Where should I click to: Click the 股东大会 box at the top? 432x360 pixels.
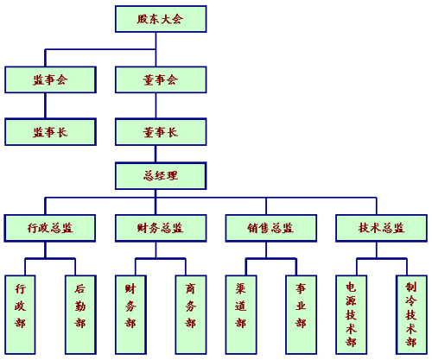[161, 19]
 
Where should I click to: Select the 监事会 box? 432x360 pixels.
[50, 79]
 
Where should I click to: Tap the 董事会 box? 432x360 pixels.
[161, 79]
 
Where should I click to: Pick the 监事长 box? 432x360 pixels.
[50, 132]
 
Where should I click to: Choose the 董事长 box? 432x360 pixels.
[161, 132]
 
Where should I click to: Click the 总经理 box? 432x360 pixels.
[161, 176]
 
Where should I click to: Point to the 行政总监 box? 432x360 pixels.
[50, 228]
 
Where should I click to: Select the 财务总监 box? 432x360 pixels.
[161, 228]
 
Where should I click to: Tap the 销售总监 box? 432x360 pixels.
[271, 228]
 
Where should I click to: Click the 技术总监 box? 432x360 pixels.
[381, 228]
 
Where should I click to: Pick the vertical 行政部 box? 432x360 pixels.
[20, 314]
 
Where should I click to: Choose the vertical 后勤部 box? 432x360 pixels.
[80, 314]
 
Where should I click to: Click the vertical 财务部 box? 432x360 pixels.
[130, 314]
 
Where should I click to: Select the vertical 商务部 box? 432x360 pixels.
[191, 314]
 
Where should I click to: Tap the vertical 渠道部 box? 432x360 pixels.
[241, 314]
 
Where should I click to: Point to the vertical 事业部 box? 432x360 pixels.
[302, 314]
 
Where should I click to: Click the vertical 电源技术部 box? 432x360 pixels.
[352, 314]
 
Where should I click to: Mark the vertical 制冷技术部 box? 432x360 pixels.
[411, 314]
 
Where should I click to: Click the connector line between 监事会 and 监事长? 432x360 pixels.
[45, 105]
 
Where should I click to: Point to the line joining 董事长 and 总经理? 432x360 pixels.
[156, 154]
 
